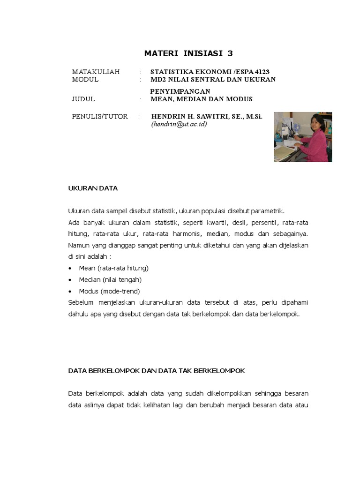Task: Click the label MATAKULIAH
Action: (96, 72)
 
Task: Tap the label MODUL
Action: (85, 79)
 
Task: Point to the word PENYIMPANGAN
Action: (180, 91)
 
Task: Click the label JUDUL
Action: (83, 99)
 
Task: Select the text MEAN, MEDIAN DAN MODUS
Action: (202, 99)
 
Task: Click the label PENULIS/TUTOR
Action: (99, 116)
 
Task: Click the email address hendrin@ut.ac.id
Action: (179, 124)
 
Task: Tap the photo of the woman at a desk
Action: (303, 137)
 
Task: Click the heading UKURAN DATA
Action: (93, 188)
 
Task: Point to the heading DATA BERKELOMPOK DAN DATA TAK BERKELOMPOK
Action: (157, 370)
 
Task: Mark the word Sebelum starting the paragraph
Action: (81, 302)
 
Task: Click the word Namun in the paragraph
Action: (79, 245)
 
